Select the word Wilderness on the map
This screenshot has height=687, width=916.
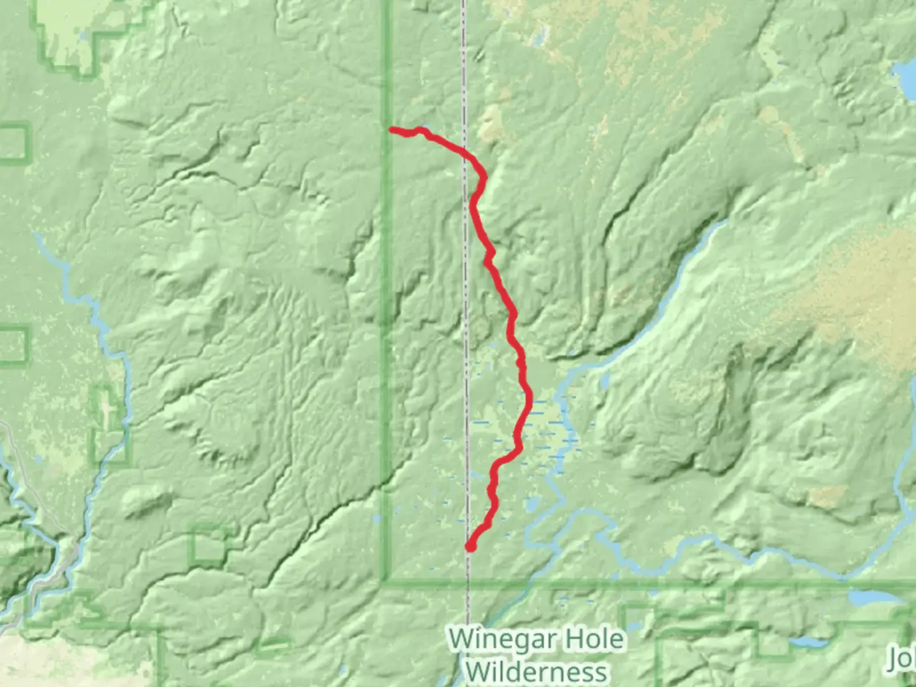tap(536, 672)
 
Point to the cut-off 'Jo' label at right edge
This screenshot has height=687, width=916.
tap(902, 659)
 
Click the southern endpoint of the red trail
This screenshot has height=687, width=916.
tap(471, 546)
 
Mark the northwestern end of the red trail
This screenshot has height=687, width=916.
tap(392, 130)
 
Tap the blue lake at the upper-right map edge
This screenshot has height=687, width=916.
tap(906, 76)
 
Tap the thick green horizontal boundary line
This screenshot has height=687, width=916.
tap(636, 583)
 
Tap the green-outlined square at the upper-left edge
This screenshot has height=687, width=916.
tap(14, 142)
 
